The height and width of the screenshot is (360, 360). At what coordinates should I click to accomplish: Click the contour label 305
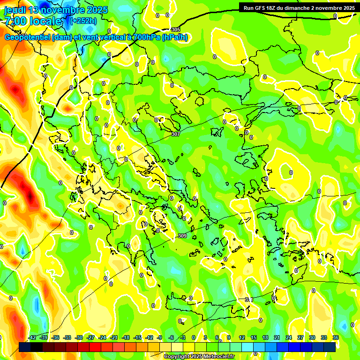tap(176, 30)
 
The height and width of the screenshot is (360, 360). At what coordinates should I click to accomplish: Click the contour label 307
tap(176, 135)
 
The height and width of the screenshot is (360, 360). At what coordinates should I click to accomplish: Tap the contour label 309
tap(182, 236)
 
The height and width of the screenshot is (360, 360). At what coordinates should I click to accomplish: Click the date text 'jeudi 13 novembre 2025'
tap(56, 10)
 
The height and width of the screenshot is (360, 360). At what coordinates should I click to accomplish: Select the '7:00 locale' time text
tap(33, 21)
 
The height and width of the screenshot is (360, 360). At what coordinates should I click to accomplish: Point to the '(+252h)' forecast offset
tap(83, 21)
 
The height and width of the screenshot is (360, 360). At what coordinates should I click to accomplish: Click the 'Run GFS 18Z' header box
tap(299, 8)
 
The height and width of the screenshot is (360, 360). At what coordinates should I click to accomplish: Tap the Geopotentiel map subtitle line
tap(96, 37)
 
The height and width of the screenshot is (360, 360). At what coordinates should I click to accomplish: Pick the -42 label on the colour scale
tap(32, 337)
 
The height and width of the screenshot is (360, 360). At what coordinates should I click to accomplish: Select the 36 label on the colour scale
tap(336, 337)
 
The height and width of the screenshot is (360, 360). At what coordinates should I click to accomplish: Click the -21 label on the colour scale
tap(114, 337)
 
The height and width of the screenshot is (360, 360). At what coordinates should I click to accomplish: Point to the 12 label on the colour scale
tap(242, 337)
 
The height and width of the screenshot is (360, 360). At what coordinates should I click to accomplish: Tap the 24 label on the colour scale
tap(289, 337)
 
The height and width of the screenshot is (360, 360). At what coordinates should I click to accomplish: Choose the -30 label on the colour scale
tap(79, 337)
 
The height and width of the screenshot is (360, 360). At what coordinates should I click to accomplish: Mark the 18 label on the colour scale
tap(265, 337)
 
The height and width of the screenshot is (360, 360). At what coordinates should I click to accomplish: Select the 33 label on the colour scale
tap(324, 337)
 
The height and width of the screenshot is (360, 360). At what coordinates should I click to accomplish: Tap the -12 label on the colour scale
tap(149, 337)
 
